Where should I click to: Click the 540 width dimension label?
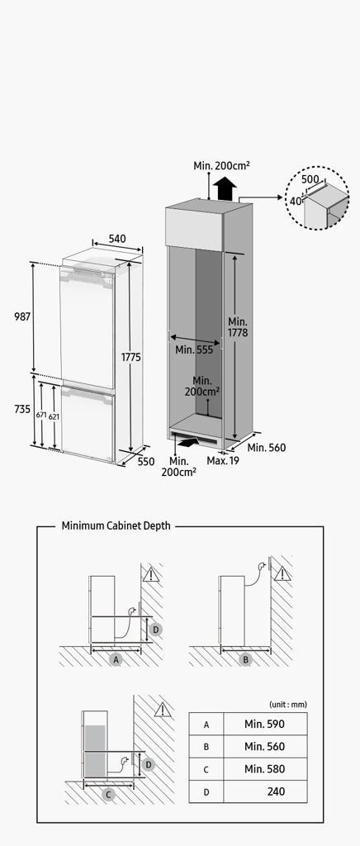coord(117,238)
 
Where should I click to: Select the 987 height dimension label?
coord(22,316)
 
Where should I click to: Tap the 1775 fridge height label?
coord(131,357)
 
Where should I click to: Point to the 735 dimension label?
coord(22,410)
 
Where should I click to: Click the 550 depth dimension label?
coord(145,461)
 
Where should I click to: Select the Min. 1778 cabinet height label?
coord(238,327)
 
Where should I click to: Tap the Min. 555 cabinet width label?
coord(194,349)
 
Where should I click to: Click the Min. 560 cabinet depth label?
coord(267,447)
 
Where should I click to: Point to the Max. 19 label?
coord(223,461)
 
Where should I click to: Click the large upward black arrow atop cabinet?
coord(225,189)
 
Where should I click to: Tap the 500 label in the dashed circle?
coord(310,179)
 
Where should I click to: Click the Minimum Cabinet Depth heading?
coord(116,525)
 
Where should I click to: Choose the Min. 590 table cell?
coord(264,724)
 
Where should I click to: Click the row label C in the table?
coord(206,769)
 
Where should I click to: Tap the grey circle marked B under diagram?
coord(246,658)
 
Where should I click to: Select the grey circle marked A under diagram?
coord(116,658)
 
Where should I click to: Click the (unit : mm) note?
coord(288,705)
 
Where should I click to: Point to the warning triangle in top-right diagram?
coord(282,573)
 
